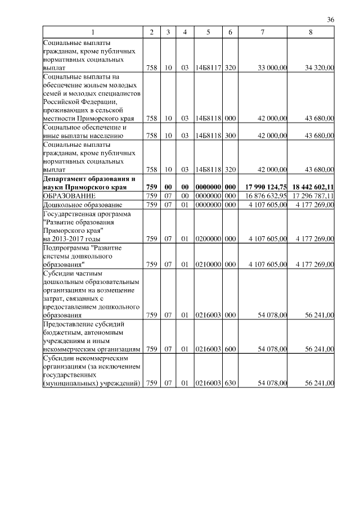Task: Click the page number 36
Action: [x=331, y=20]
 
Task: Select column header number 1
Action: [x=93, y=32]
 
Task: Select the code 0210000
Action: [x=208, y=263]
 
